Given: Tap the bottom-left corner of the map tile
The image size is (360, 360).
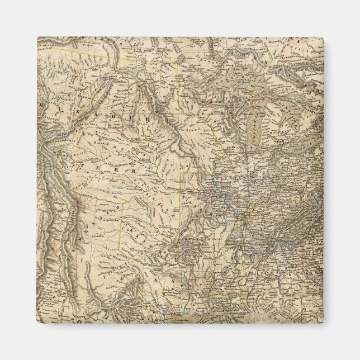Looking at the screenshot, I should click(37, 323).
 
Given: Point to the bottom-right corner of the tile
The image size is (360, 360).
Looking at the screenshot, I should click(323, 323).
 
